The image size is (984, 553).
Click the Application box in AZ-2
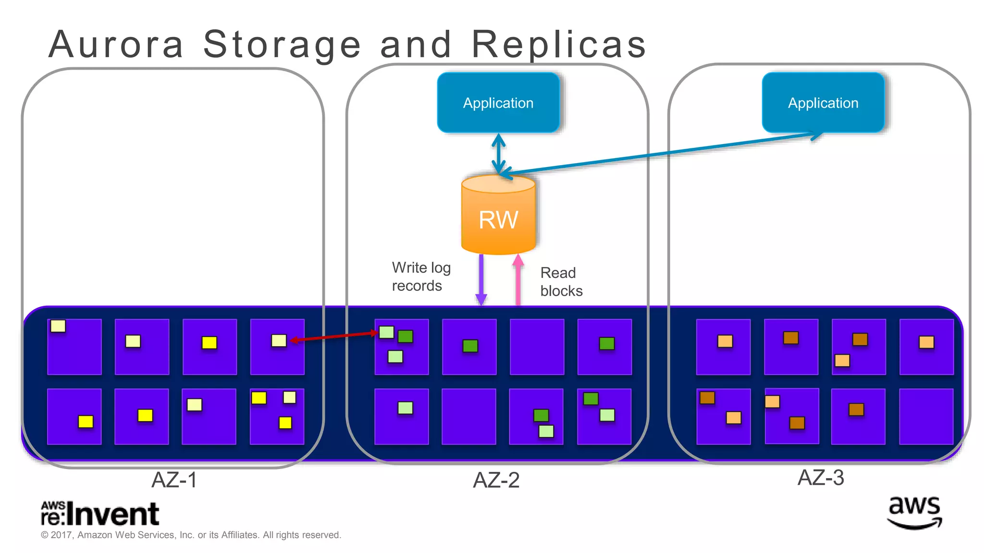(x=498, y=103)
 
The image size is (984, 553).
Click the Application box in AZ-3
(x=823, y=103)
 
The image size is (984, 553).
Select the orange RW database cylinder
(x=498, y=216)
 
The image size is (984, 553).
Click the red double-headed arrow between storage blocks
(x=334, y=337)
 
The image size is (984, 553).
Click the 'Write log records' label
(x=421, y=276)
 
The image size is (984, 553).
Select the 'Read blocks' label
(x=561, y=282)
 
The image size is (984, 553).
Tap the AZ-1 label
(x=174, y=480)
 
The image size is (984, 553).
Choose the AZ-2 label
(x=496, y=480)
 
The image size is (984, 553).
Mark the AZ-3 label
(x=820, y=478)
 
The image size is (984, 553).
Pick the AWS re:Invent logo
(x=100, y=514)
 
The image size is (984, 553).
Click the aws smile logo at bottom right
(x=914, y=513)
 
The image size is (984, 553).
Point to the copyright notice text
(x=191, y=535)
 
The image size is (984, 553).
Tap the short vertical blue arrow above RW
(x=498, y=154)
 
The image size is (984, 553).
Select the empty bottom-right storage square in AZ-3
(x=926, y=416)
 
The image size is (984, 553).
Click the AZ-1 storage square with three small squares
(x=277, y=416)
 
